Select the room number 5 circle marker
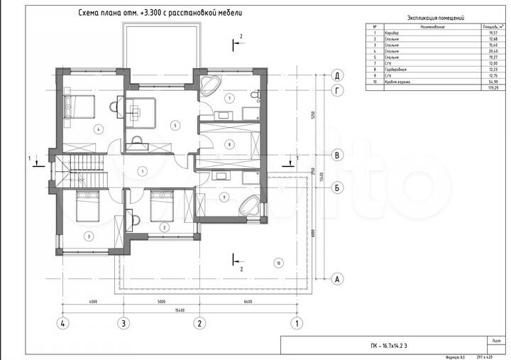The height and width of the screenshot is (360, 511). coord(173,125)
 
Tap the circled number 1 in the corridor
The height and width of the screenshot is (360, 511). coord(142,170)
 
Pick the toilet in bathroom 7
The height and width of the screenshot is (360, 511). coord(258,95)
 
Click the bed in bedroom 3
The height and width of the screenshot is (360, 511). coord(87,206)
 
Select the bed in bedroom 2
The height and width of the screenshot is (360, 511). coord(162,206)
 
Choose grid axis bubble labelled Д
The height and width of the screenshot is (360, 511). coord(339,75)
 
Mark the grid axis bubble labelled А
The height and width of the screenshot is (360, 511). coord(339,279)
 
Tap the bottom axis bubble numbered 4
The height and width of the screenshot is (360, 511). coord(63,324)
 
